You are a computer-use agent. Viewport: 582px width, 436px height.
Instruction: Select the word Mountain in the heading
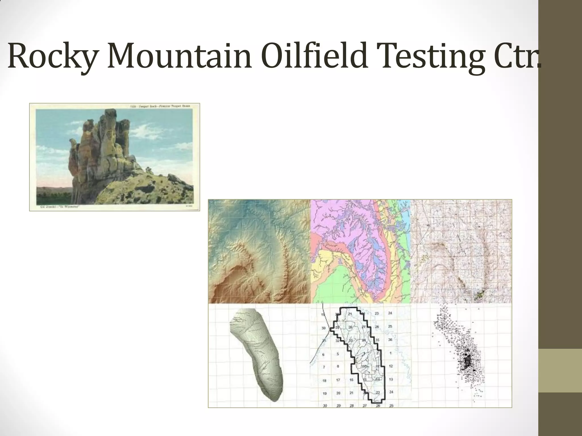click(179, 56)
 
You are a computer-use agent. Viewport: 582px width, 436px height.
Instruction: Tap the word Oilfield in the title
click(314, 56)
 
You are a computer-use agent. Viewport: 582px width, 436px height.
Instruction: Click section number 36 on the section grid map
click(390, 340)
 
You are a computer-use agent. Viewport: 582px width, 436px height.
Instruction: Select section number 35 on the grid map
click(377, 340)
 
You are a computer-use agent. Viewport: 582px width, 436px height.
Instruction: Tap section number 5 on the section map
click(338, 354)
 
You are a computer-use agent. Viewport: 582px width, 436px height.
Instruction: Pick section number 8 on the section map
click(338, 366)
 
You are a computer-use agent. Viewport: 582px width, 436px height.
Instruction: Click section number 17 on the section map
click(338, 380)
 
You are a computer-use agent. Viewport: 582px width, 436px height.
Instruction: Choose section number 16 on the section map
click(351, 380)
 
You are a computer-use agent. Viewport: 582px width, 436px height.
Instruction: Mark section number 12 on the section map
click(391, 366)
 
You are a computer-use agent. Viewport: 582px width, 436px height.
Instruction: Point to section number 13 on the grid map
click(391, 380)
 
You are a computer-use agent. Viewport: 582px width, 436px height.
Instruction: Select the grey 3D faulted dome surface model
click(257, 355)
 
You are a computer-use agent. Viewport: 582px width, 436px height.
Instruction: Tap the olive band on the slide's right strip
click(560, 370)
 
